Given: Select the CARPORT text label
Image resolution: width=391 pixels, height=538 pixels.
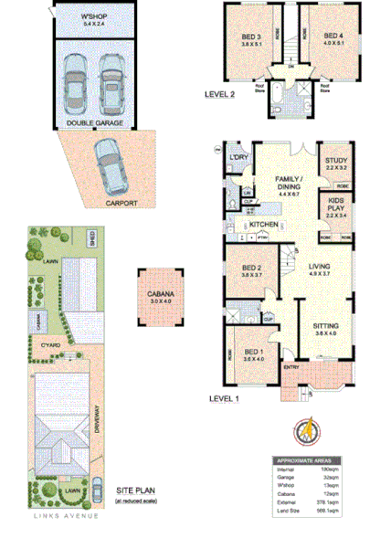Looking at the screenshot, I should click(120, 203).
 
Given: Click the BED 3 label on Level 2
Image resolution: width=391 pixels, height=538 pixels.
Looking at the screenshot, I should click(248, 37).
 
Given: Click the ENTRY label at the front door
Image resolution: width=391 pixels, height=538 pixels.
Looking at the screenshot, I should click(291, 368).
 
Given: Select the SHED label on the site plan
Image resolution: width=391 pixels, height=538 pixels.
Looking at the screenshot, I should click(92, 239).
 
